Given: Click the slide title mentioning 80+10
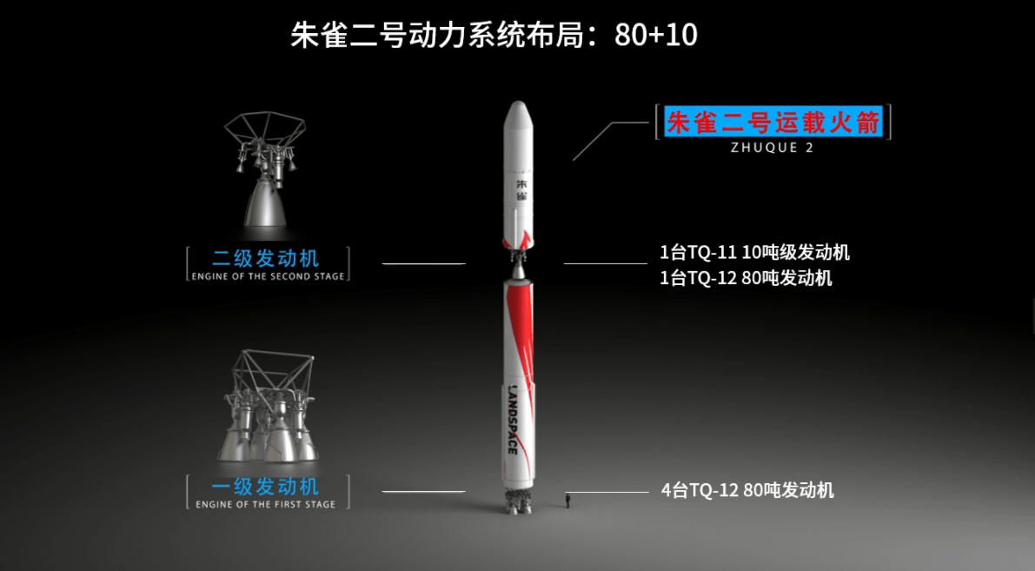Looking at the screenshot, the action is coord(494,34).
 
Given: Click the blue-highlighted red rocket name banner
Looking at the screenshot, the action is coord(773,123).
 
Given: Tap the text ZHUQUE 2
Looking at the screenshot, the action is coord(773,148).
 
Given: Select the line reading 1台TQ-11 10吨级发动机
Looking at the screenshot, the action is coord(754,252).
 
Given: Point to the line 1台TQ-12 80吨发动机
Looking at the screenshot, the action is coord(746,278).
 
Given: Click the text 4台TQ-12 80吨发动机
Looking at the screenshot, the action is coord(747,490).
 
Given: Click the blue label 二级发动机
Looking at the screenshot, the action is coord(265,258).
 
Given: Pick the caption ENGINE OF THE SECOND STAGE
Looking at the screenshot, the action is coord(268,276).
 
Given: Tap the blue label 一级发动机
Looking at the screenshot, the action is coord(265,487).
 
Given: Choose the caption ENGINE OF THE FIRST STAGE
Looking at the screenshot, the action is coord(265,504).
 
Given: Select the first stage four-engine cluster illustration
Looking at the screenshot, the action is coord(268,407).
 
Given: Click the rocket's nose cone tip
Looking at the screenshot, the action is coord(519,102).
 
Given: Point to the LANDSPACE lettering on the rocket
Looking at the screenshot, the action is coord(513,419).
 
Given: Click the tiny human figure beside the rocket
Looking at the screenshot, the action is coord(567,501).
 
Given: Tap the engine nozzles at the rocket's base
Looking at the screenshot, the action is coord(519,502).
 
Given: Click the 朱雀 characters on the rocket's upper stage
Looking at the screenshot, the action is coord(521,189).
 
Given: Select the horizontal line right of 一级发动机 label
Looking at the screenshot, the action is coord(424,492).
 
